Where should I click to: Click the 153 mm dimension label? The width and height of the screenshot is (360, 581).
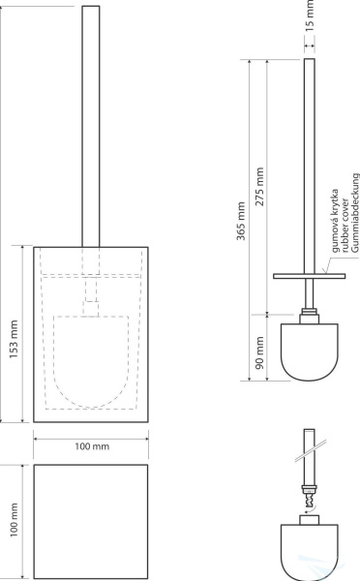[14, 339]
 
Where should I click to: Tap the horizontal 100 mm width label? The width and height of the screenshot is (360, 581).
[92, 446]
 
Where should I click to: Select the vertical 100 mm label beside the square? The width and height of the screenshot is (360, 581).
[14, 520]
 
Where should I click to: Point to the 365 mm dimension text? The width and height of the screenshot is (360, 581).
[241, 221]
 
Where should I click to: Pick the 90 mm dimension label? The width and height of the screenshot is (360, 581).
[259, 352]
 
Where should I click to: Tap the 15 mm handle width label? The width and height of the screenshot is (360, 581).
[310, 15]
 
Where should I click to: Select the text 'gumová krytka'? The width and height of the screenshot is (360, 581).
[335, 221]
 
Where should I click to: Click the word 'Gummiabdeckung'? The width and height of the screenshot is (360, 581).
[355, 213]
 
